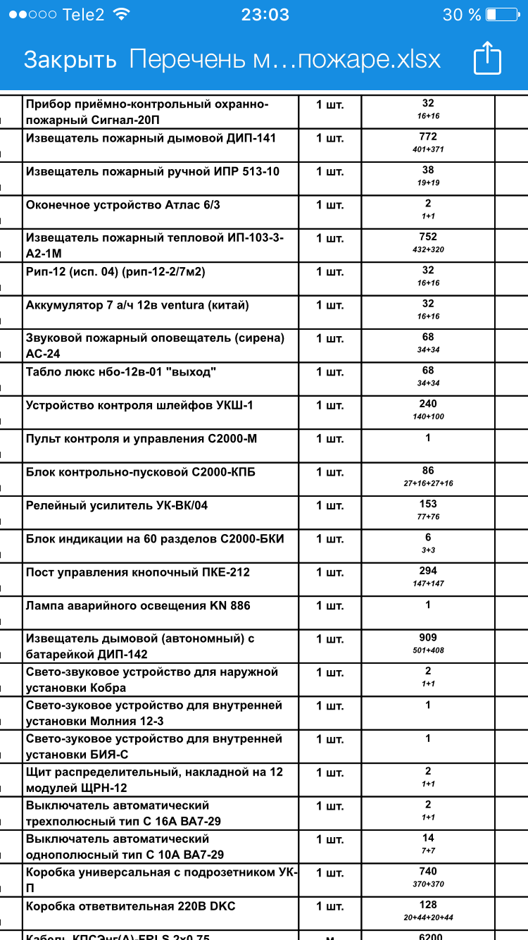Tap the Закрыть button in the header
click(70, 59)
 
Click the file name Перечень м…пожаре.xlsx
click(285, 59)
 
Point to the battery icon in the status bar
click(501, 15)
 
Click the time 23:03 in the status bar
click(265, 15)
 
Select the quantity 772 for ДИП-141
click(428, 137)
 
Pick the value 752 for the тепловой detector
click(428, 237)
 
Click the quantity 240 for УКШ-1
click(428, 404)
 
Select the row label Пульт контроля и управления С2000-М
click(142, 438)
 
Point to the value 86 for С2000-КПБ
click(428, 471)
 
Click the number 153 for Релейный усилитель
click(428, 504)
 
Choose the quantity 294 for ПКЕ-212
click(428, 571)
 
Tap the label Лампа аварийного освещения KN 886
click(138, 605)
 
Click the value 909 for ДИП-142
click(428, 638)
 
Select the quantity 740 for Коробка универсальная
click(428, 872)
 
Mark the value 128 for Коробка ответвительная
click(428, 905)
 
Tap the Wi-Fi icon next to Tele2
click(121, 15)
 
